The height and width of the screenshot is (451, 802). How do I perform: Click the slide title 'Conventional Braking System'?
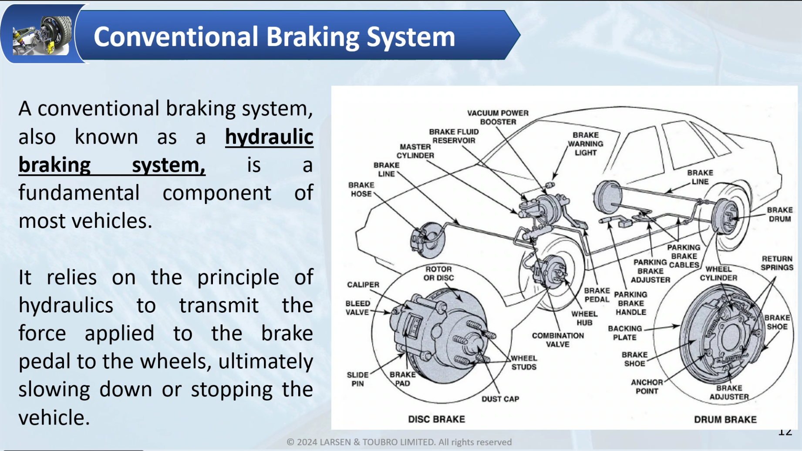point(274,37)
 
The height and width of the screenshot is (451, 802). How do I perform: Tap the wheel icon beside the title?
point(42,35)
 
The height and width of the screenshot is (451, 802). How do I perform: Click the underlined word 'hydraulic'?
point(269,137)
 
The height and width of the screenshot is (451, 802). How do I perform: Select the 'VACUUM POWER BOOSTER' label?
point(498,117)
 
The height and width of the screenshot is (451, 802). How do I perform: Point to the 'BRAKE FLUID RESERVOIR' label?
point(454,136)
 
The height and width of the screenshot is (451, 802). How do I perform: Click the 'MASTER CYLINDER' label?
point(415,151)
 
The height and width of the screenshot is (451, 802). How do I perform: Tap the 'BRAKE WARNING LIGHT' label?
point(585,144)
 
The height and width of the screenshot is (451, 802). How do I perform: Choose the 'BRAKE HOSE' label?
point(361,190)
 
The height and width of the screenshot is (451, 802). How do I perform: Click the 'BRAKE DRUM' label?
point(779,214)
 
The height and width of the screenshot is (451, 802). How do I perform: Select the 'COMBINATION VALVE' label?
point(557,340)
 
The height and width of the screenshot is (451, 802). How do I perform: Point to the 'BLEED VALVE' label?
point(357,308)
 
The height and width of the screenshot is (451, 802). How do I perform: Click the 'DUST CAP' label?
point(500,399)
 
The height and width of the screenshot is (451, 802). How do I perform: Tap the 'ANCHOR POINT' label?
point(647,387)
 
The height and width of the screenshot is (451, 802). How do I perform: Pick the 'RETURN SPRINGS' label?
point(777,263)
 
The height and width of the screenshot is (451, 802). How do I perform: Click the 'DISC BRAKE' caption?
point(436,419)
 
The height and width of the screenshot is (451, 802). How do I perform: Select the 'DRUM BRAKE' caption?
point(725,420)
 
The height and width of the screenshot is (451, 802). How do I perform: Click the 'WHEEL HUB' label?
point(584,318)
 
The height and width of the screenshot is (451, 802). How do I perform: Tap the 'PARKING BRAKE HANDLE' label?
point(630,303)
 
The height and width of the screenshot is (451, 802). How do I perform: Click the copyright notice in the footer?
point(399,442)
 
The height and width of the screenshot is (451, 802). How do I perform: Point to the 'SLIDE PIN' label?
point(357,379)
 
